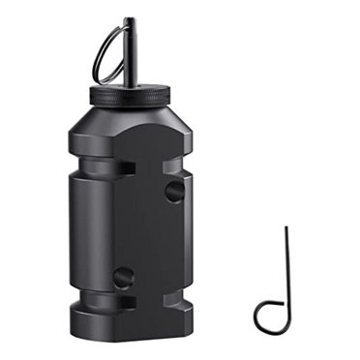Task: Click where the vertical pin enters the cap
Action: coord(130,85)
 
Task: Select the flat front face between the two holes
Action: coord(145,232)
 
